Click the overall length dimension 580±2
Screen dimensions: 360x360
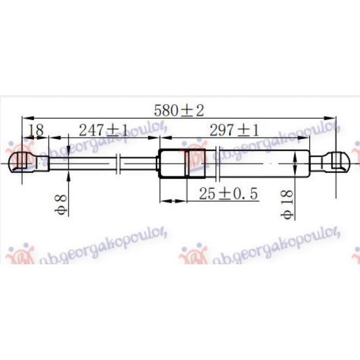pyautogui.click(x=178, y=111)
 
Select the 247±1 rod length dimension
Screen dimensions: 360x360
pyautogui.click(x=103, y=130)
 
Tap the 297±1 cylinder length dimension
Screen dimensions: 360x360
pyautogui.click(x=234, y=130)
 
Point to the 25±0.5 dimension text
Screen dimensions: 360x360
pyautogui.click(x=228, y=194)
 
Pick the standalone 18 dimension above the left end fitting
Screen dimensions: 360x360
pyautogui.click(x=35, y=130)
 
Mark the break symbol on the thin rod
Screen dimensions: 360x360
pyautogui.click(x=119, y=163)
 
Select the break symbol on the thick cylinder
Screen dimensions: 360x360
pyautogui.click(x=218, y=163)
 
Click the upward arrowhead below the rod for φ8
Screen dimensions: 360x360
pyautogui.click(x=69, y=174)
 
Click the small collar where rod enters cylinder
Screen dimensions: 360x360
pyautogui.click(x=157, y=163)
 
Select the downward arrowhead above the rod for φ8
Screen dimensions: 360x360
pyautogui.click(x=69, y=153)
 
